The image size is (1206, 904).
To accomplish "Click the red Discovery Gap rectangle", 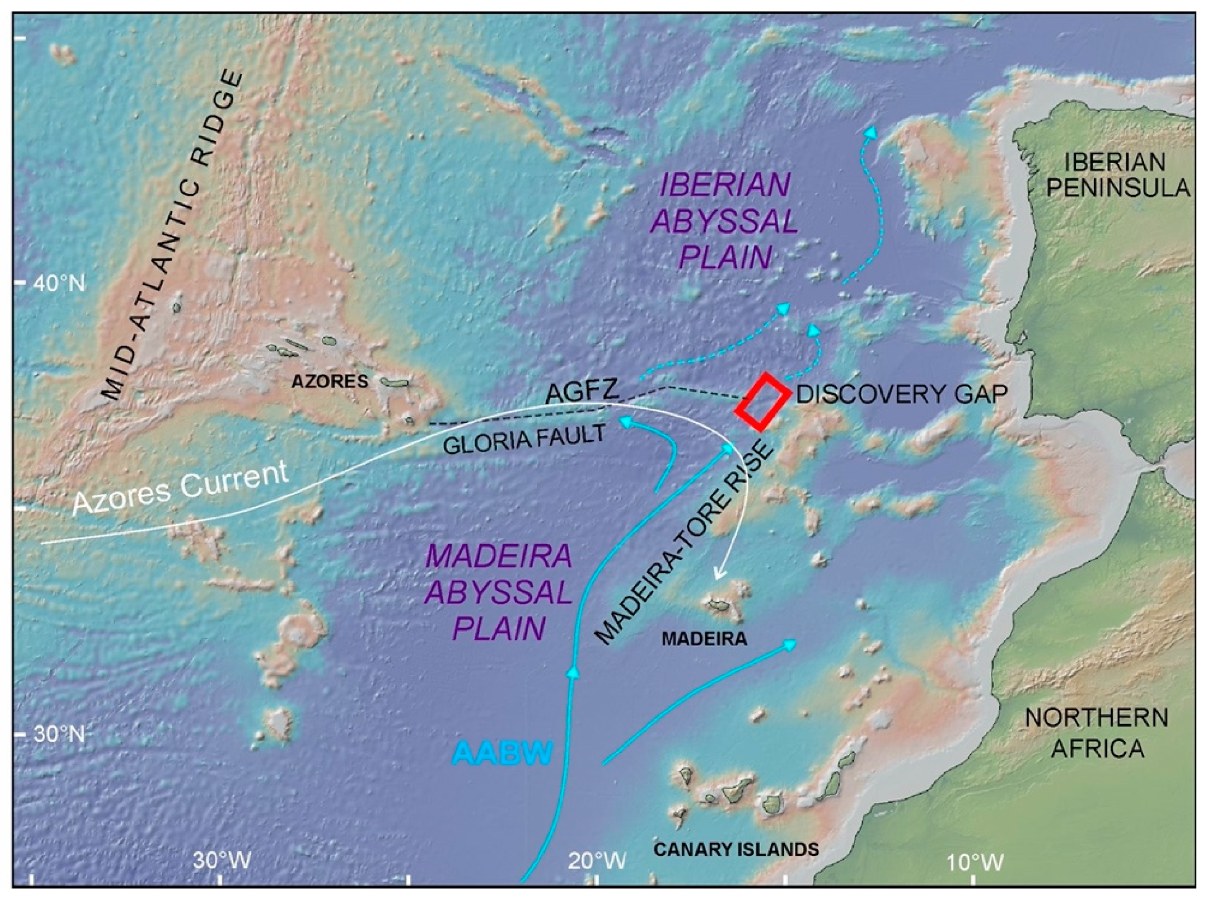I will tap(763, 402).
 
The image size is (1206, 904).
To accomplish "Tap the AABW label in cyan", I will tap(502, 754).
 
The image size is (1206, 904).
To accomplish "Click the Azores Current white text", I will tap(180, 487).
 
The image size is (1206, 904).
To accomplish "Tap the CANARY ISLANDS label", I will tap(736, 849).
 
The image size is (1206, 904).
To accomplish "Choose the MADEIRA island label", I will tap(704, 639).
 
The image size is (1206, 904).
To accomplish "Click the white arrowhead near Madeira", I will tap(720, 589).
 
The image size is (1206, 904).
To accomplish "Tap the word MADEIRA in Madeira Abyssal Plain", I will tap(498, 557).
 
